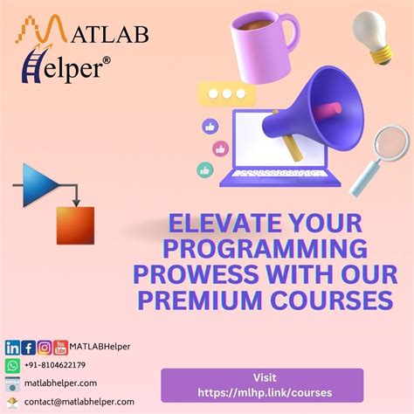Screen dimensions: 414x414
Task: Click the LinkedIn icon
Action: pyautogui.click(x=11, y=347)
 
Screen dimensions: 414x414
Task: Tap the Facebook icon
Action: pyautogui.click(x=28, y=347)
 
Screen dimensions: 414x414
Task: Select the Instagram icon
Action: pyautogui.click(x=44, y=347)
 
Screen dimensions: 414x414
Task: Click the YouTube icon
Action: pyautogui.click(x=60, y=347)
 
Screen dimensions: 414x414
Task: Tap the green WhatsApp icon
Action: pyautogui.click(x=12, y=365)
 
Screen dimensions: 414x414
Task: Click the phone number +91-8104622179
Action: pyautogui.click(x=55, y=365)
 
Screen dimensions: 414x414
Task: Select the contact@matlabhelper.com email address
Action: pyautogui.click(x=79, y=401)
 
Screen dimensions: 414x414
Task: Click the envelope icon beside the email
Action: pyautogui.click(x=12, y=401)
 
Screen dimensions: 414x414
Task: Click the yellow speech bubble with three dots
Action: pyautogui.click(x=226, y=93)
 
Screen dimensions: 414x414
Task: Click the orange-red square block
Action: pyautogui.click(x=74, y=224)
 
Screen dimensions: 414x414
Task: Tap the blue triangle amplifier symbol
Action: pyautogui.click(x=38, y=184)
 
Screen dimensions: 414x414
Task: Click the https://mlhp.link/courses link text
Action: pyautogui.click(x=262, y=391)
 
